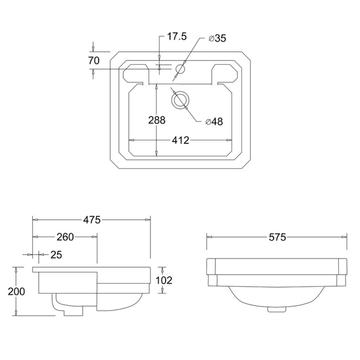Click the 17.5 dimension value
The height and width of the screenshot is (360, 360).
177,37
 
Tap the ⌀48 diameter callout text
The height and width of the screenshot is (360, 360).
214,122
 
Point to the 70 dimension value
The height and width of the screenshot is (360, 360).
94,60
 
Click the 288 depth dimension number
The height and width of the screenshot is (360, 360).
157,120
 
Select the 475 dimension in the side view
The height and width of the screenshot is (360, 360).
92,220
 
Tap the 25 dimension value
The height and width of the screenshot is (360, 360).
56,254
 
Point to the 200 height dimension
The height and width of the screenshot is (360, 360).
17,291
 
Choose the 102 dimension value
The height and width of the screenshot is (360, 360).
164,280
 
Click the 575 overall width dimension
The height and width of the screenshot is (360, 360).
277,237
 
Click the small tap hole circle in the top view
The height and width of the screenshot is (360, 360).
181,69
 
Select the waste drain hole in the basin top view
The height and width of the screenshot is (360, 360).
180,100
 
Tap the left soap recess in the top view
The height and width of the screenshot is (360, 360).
136,72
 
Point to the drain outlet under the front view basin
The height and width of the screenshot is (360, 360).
276,309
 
